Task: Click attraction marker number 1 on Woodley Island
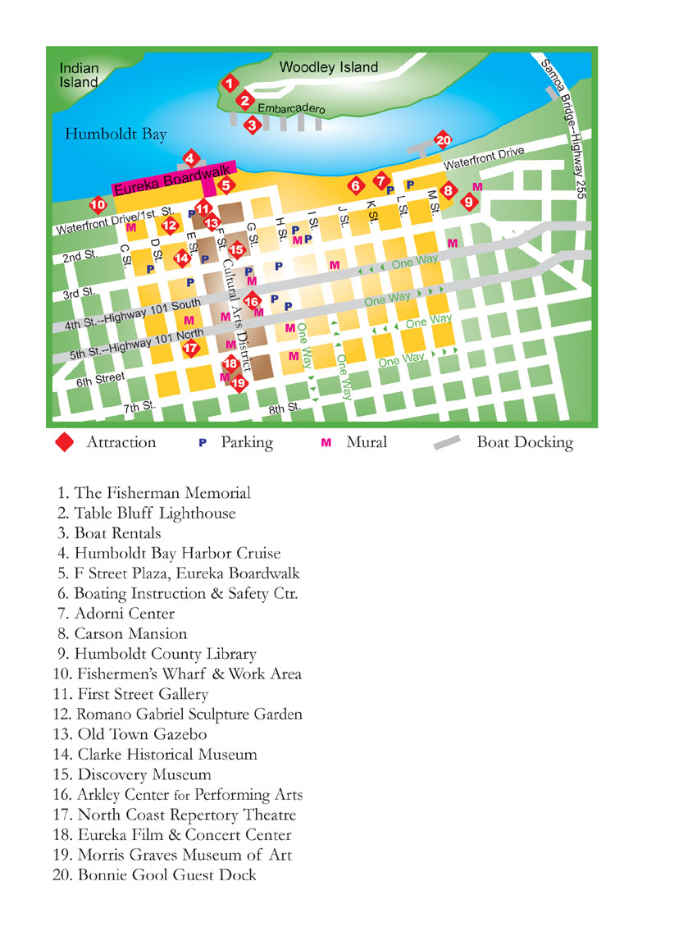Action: pos(230,83)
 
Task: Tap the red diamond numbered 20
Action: pos(443,139)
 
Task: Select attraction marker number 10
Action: pos(98,204)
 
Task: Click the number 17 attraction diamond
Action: pos(191,349)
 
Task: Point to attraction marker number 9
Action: pos(468,201)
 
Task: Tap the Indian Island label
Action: pos(79,75)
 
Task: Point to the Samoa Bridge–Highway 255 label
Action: pos(566,111)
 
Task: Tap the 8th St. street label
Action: pos(286,408)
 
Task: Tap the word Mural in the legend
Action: pos(367,443)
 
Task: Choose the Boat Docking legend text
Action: pos(525,443)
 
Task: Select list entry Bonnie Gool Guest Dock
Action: pos(166,875)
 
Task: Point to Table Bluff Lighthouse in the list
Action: pos(154,514)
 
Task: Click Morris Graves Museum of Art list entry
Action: pos(184,855)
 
